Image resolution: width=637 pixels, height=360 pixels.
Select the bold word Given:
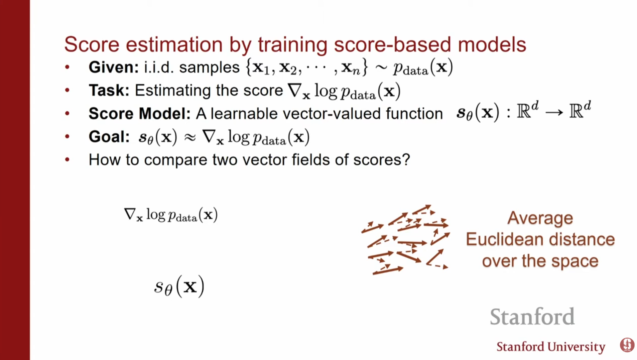[x=114, y=67]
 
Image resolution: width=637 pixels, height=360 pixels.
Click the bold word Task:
[x=109, y=90]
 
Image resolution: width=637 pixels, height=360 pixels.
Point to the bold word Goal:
[x=109, y=137]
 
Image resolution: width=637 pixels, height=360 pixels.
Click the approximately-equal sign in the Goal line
[x=190, y=137]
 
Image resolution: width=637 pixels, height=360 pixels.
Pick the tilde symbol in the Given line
[x=381, y=68]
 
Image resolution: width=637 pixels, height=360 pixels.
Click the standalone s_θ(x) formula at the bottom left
[x=179, y=287]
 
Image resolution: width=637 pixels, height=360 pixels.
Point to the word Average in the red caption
[x=540, y=218]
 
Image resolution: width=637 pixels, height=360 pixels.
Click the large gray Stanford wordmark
[x=532, y=317]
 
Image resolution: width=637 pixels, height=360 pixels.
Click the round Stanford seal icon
[x=627, y=345]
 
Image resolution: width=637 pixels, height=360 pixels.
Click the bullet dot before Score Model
[x=68, y=114]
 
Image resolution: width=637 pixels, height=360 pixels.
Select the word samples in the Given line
[x=210, y=68]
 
